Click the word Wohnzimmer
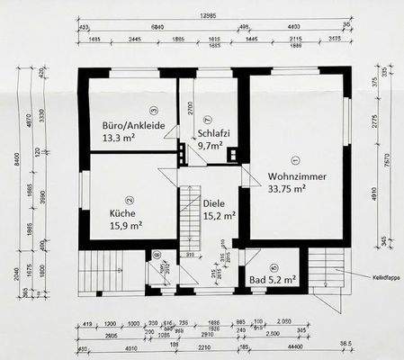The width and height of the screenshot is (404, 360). (297, 176)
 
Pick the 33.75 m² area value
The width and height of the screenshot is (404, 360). (290, 189)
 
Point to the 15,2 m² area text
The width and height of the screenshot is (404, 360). (219, 216)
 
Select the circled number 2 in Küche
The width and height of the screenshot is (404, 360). (129, 201)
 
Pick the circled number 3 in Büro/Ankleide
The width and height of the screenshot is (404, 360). (153, 110)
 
